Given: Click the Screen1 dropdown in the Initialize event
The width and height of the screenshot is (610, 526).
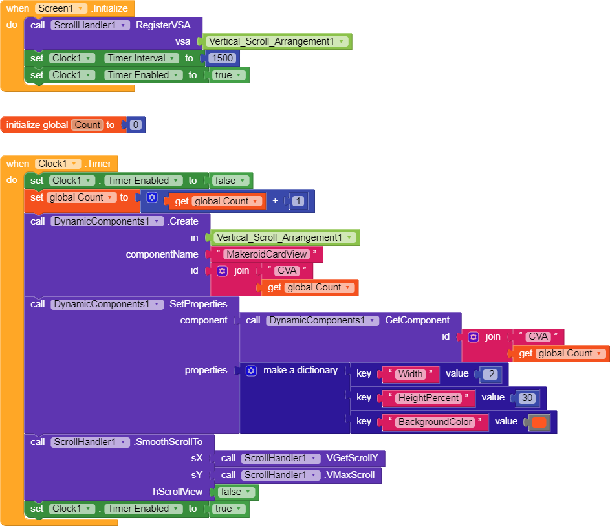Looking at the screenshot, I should [61, 8].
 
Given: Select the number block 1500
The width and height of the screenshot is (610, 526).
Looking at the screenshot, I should [222, 58].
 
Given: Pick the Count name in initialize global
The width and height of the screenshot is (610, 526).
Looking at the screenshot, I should [87, 125].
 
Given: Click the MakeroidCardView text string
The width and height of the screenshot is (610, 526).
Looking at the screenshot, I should [266, 254].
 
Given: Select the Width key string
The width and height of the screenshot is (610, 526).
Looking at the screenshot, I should [411, 374].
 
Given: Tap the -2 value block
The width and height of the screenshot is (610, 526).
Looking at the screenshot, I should [490, 374].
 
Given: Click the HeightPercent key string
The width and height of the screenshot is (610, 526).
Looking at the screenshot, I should [428, 398].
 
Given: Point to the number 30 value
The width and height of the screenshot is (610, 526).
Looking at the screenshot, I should [526, 398].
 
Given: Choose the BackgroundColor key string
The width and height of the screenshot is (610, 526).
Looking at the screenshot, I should [435, 422].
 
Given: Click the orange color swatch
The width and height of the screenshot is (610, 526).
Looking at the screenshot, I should [538, 422].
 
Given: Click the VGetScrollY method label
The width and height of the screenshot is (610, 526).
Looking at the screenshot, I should [354, 458].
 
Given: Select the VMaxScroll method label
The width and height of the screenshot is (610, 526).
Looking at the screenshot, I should [351, 475].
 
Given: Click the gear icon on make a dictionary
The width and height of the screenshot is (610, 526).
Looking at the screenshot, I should [252, 371].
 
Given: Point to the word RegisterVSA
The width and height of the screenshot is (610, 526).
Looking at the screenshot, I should [167, 25].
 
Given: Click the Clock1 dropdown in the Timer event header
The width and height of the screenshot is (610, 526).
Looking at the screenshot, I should [58, 164].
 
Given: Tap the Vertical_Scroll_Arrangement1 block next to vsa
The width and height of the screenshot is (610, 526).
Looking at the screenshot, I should [277, 41].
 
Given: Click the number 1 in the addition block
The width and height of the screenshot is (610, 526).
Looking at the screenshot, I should [297, 201].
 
